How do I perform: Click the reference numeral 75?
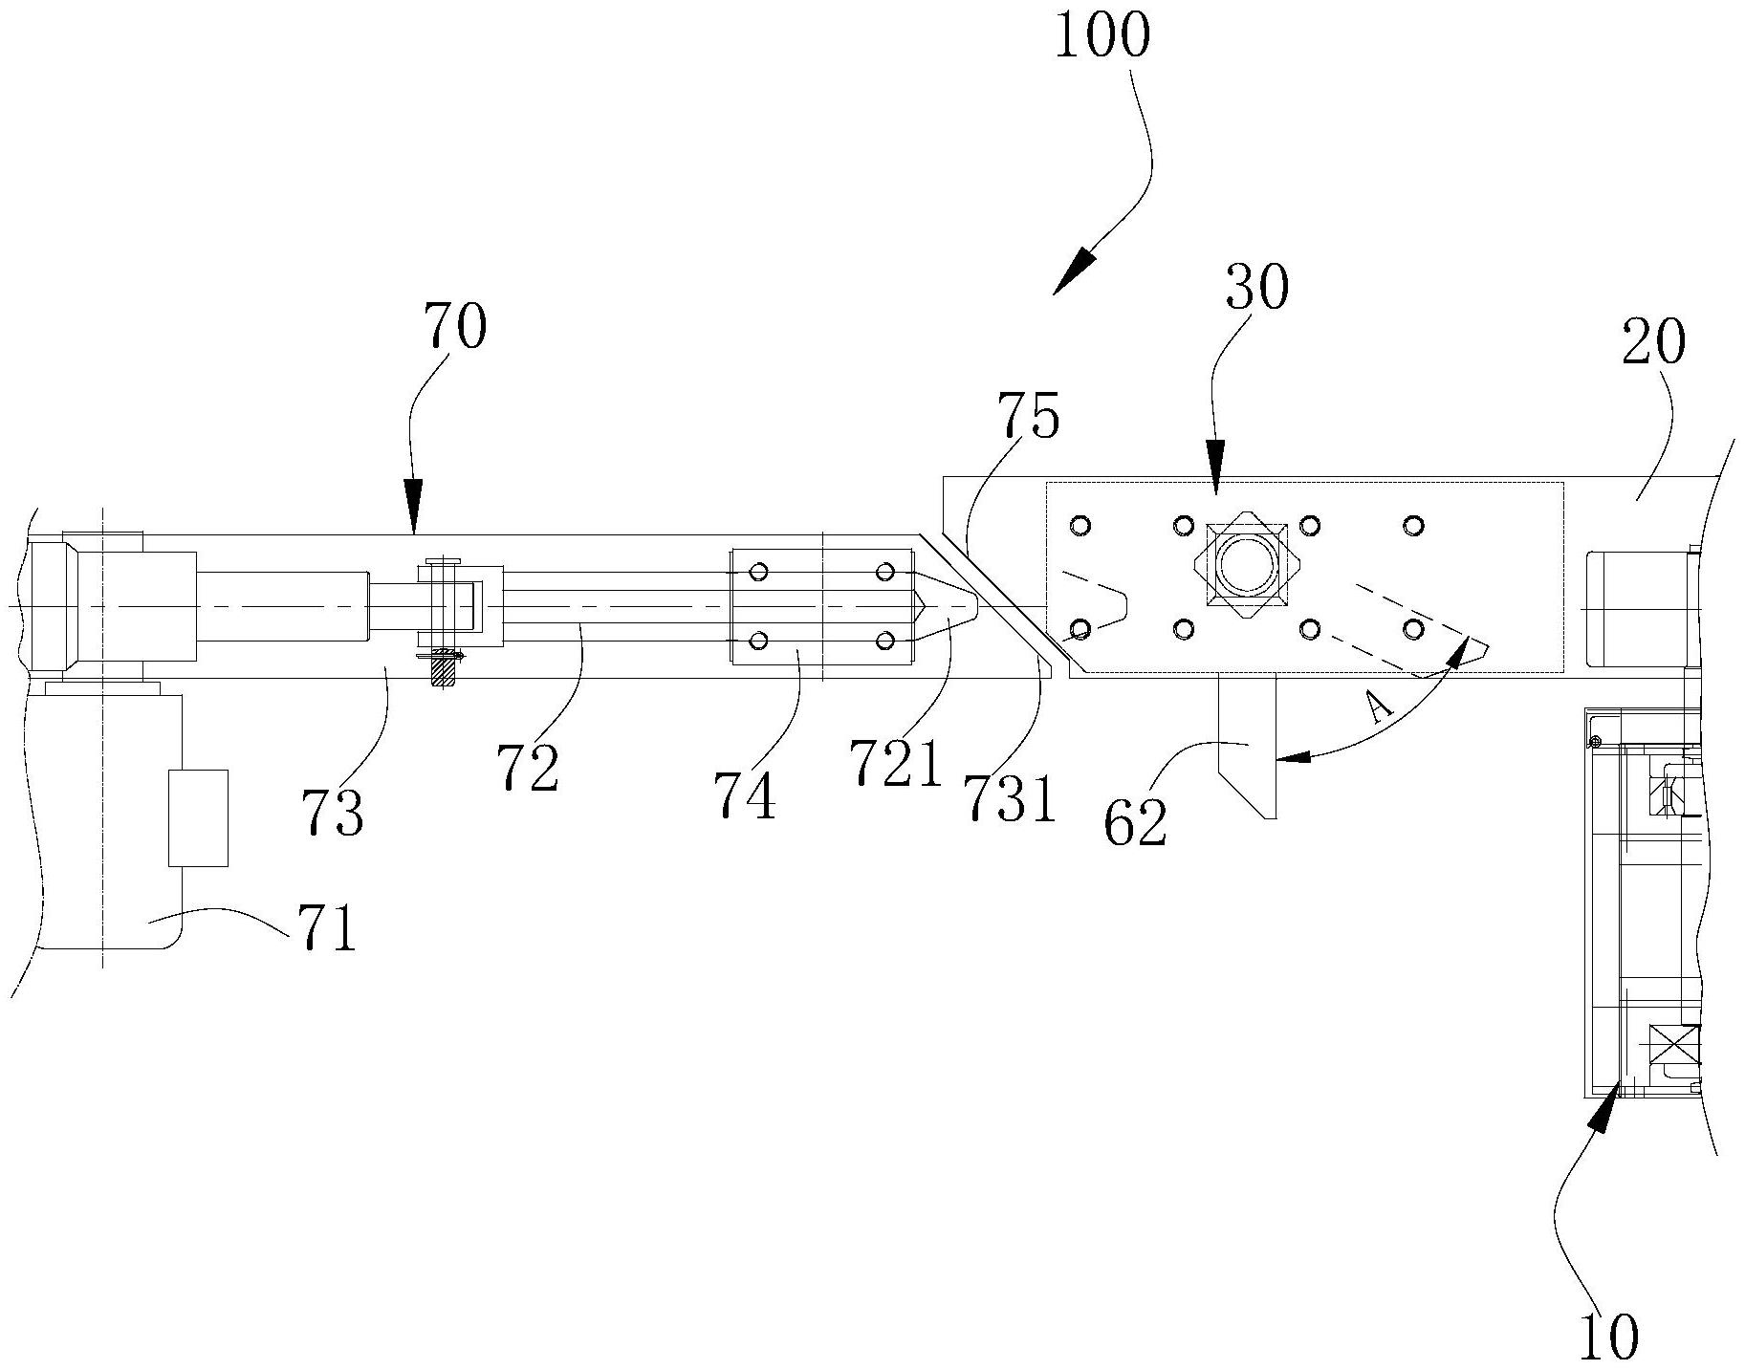coord(1028,417)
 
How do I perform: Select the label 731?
coord(1010,798)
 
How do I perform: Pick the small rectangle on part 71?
coord(198,817)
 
